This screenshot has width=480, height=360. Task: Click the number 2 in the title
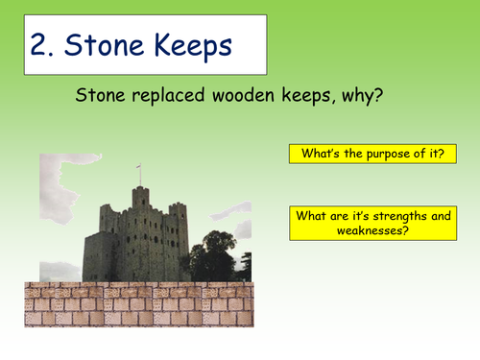point(44,46)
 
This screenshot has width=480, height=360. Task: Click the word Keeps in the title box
point(192,46)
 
